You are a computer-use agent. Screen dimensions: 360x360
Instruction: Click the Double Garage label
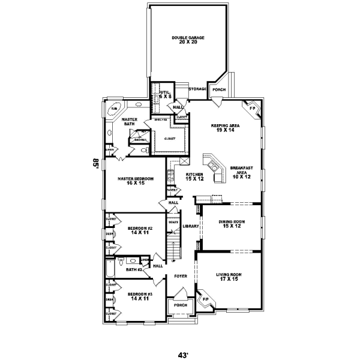[x=188, y=40]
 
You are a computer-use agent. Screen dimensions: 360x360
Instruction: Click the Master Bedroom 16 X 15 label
[x=136, y=181]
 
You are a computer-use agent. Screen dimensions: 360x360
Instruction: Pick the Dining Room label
[x=229, y=224]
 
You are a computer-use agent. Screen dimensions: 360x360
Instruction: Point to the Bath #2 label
[x=133, y=269]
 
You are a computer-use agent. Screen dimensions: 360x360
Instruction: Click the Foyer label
[x=181, y=276]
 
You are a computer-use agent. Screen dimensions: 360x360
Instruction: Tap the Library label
[x=190, y=226]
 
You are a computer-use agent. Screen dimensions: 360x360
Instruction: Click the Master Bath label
[x=130, y=122]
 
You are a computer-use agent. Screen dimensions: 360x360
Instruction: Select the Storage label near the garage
[x=197, y=89]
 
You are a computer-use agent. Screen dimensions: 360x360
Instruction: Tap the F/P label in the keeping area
[x=252, y=109]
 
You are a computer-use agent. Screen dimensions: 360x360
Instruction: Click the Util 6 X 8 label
[x=166, y=94]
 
